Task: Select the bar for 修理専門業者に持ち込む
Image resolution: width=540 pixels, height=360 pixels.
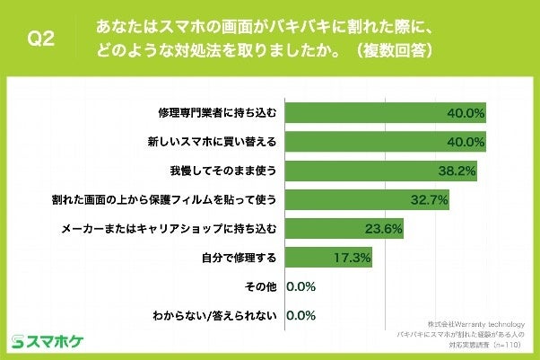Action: point(386,113)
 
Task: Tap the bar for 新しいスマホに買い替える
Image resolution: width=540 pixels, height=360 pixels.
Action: point(386,142)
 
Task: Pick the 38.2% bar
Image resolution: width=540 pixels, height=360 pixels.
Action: point(380,171)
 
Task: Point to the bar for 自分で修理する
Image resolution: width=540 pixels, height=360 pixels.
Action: point(327,258)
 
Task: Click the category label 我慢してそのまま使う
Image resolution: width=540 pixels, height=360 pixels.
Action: point(230,171)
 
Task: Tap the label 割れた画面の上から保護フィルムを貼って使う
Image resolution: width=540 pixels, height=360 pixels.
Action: point(177,199)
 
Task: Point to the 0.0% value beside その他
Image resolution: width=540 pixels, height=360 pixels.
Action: point(301,287)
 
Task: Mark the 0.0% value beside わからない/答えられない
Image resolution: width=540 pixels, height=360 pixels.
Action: point(301,316)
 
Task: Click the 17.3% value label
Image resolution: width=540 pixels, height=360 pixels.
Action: point(351,258)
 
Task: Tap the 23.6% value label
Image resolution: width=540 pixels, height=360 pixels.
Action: point(381,229)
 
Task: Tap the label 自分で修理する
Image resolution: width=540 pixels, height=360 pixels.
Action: point(240,258)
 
